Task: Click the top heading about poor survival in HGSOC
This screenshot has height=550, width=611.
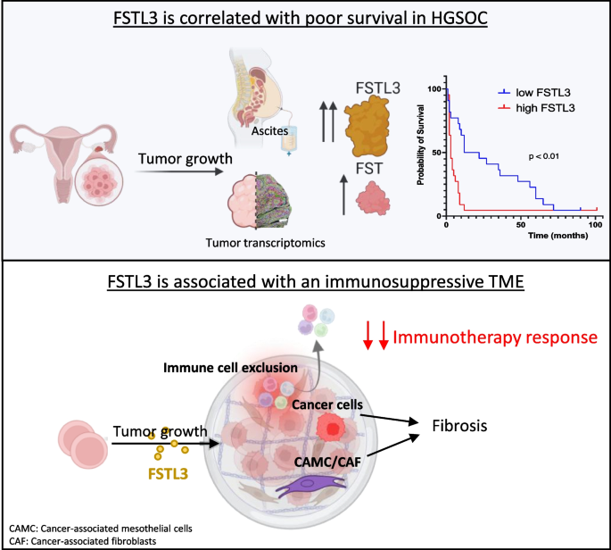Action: click(305, 19)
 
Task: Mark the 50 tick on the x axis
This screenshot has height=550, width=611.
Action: click(520, 223)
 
